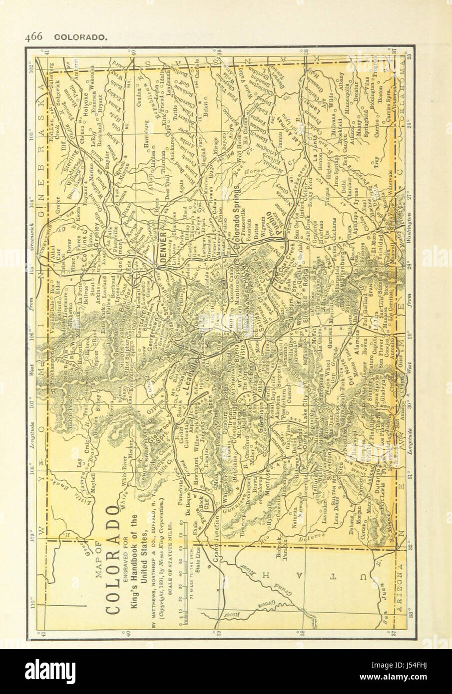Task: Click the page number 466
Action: [31, 36]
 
